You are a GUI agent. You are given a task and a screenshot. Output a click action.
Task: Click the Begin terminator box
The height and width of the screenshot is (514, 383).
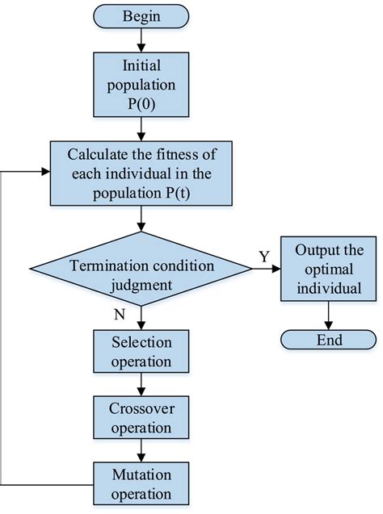pos(142,16)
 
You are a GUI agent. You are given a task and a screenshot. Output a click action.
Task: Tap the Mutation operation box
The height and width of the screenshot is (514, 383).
pos(142,481)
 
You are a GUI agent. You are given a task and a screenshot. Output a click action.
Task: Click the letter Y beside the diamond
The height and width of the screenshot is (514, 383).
pos(264,256)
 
